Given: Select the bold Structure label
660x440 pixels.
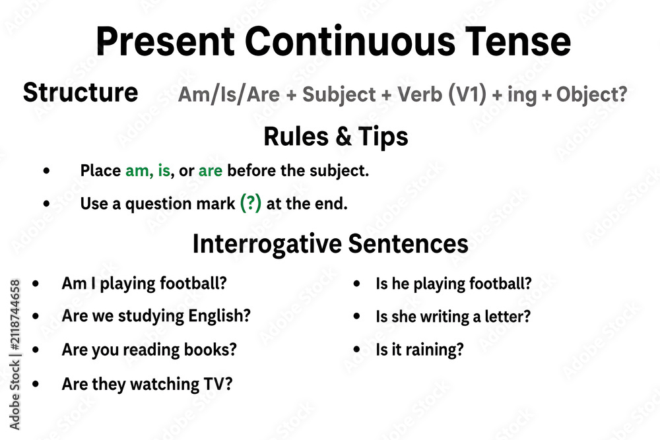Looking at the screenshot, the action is pyautogui.click(x=81, y=92).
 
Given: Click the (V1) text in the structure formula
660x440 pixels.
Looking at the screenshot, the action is pyautogui.click(x=467, y=94).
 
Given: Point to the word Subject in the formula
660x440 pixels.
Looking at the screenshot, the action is pyautogui.click(x=339, y=95).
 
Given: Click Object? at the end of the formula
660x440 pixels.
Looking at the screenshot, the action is pyautogui.click(x=592, y=94).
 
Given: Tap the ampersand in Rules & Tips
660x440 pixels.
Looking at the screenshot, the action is pyautogui.click(x=343, y=137).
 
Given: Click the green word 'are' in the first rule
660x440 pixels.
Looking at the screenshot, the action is pyautogui.click(x=211, y=171).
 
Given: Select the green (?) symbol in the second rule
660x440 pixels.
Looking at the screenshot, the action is pyautogui.click(x=250, y=203).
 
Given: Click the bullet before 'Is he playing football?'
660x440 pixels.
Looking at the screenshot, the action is pyautogui.click(x=357, y=284).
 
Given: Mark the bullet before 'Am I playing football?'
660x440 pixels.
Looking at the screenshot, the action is pyautogui.click(x=36, y=284).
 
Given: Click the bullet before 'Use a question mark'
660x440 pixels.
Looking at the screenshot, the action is pyautogui.click(x=46, y=204).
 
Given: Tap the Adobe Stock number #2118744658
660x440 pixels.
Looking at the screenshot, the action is pyautogui.click(x=15, y=315).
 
